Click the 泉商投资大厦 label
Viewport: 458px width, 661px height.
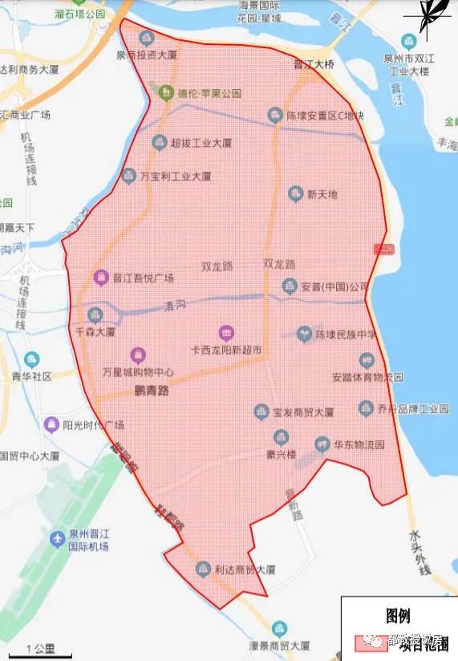click(x=146, y=55)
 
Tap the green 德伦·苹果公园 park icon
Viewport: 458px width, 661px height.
click(x=166, y=91)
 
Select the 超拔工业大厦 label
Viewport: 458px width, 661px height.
click(x=201, y=143)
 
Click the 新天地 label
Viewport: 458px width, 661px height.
click(x=322, y=194)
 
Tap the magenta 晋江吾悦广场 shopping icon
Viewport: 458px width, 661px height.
click(x=101, y=278)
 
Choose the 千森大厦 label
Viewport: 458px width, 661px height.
click(x=96, y=330)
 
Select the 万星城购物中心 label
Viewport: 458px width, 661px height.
click(x=138, y=372)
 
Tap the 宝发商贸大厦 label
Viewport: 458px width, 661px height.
click(x=303, y=412)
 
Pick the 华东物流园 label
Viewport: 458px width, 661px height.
click(x=360, y=443)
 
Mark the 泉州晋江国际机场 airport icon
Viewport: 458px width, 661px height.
click(x=56, y=537)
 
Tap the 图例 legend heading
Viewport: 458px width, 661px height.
click(x=398, y=616)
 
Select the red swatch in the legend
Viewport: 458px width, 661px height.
click(x=368, y=644)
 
